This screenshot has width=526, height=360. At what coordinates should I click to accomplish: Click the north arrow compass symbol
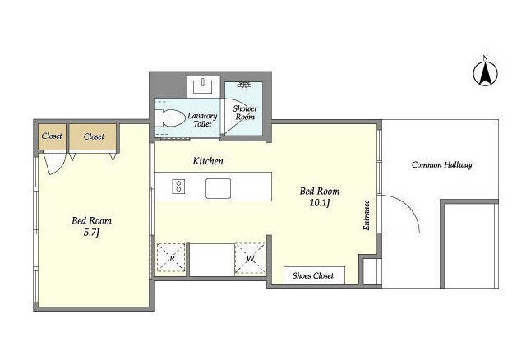(x=485, y=73)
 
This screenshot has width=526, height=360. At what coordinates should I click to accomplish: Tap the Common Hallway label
(x=442, y=164)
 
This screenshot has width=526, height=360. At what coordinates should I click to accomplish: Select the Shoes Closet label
(x=313, y=276)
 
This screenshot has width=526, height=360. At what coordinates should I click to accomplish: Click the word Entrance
(x=367, y=215)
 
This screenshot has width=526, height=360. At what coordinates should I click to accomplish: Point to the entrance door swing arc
(x=410, y=205)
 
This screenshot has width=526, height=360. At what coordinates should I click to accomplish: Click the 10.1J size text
(x=320, y=203)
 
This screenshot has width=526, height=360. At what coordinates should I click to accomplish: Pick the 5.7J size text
(x=91, y=232)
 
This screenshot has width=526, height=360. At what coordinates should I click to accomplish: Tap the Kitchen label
(x=208, y=161)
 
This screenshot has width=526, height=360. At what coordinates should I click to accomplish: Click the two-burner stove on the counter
(x=178, y=187)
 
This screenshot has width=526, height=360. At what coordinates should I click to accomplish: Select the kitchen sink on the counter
(x=218, y=188)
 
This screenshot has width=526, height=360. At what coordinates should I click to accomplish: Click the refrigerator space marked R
(x=171, y=257)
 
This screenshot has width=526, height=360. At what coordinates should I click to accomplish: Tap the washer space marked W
(x=250, y=258)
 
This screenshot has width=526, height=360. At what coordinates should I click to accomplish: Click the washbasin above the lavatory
(x=203, y=86)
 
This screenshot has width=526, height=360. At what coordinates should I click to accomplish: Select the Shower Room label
(x=245, y=113)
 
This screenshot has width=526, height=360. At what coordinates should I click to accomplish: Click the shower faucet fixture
(x=245, y=85)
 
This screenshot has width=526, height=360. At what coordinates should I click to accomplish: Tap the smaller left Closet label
(x=52, y=136)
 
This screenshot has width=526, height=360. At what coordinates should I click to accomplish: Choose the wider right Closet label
(x=94, y=136)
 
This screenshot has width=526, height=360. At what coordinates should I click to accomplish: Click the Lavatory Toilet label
(x=202, y=120)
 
